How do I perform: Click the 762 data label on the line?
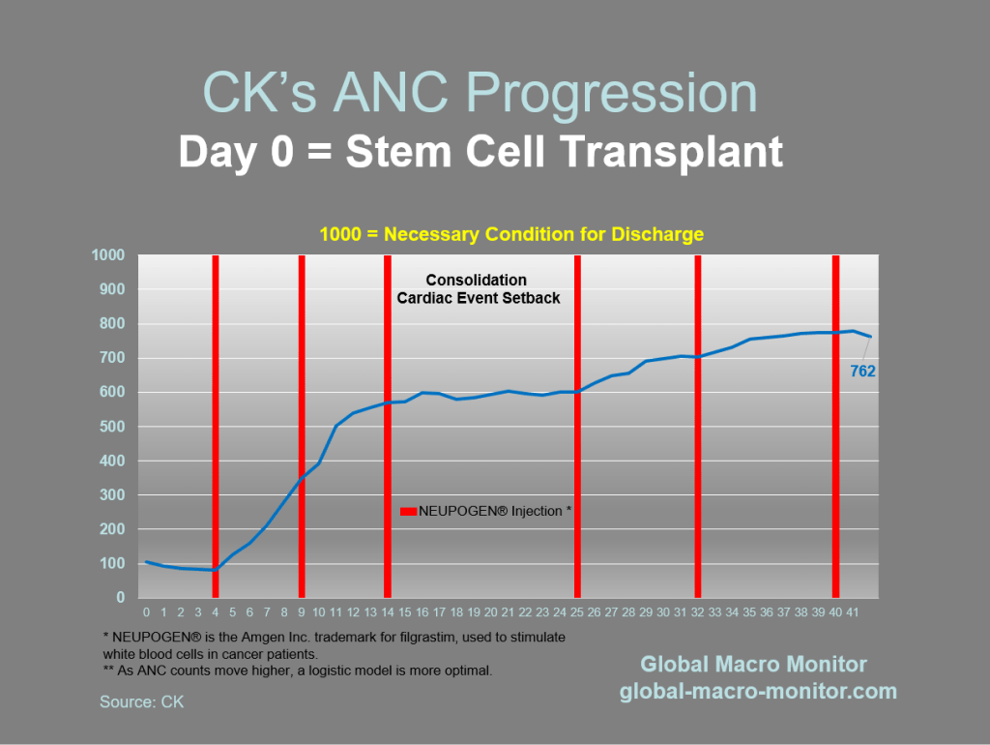tap(862, 370)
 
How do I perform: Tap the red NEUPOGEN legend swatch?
tap(408, 511)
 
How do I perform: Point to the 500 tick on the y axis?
tap(113, 427)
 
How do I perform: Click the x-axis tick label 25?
tap(577, 612)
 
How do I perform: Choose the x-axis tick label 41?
tap(853, 612)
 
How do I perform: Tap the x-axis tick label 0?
tap(146, 612)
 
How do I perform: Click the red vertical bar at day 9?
tap(302, 426)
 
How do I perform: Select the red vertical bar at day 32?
tap(697, 426)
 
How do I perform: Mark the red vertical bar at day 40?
tap(835, 426)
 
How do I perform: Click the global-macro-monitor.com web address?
tap(758, 691)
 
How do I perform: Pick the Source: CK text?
tap(141, 701)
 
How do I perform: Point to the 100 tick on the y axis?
tap(113, 564)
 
